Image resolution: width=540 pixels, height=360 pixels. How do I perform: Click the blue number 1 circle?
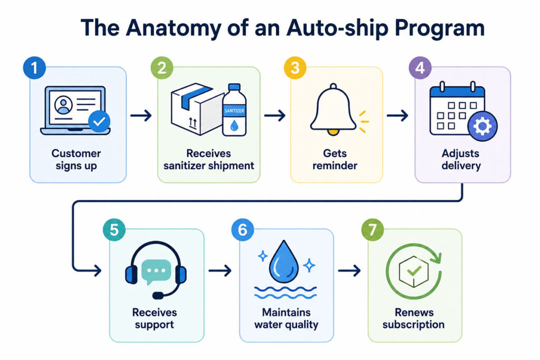pos(34,68)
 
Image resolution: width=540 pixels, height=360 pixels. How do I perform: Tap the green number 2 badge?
pos(162,68)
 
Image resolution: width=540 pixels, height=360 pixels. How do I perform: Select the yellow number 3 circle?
pos(295,68)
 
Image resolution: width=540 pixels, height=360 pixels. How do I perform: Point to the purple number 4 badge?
pos(420,68)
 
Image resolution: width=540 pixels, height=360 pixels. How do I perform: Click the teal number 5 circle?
pos(114,230)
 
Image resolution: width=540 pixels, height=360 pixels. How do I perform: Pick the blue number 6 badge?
pos(243,230)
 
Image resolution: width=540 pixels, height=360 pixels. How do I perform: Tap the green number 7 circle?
pos(372,230)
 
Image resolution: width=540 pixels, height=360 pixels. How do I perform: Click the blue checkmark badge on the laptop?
pos(99,121)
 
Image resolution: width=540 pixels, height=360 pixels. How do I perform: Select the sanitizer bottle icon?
pos(234,110)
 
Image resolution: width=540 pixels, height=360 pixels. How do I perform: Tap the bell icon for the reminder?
pos(333,109)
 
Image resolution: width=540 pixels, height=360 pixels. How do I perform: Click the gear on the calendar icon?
pos(483,126)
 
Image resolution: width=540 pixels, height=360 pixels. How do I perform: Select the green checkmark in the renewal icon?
pos(414,271)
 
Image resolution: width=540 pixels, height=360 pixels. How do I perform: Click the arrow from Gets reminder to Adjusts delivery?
pos(397,115)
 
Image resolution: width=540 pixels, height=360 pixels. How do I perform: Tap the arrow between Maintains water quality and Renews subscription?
pos(349,271)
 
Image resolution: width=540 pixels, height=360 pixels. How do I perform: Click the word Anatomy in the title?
pos(173,28)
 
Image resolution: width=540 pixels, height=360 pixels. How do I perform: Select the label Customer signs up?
pos(76,159)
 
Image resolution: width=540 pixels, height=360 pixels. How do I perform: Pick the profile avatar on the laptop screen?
pos(63,105)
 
